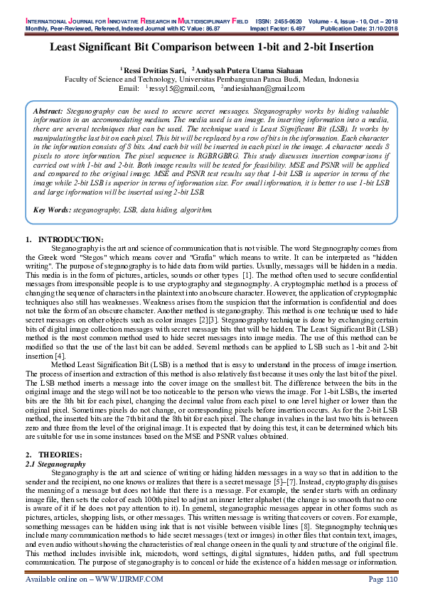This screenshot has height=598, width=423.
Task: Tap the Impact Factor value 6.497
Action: coord(291,12)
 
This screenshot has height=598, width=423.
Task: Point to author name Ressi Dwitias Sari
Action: coord(154,70)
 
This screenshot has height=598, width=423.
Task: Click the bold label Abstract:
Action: coord(48,112)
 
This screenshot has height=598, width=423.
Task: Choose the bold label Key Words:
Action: coord(52,210)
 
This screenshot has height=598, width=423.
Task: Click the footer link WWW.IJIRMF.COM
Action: coord(126,580)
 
